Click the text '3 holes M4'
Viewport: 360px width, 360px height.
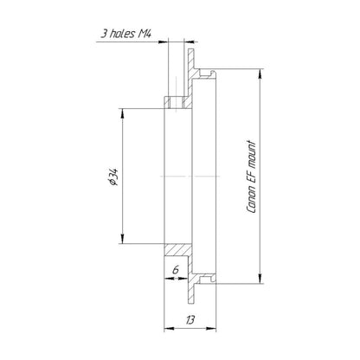click(x=125, y=34)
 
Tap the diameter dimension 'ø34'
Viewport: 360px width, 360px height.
click(x=112, y=177)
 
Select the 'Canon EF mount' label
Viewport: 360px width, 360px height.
click(x=251, y=177)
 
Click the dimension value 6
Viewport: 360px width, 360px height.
click(x=176, y=270)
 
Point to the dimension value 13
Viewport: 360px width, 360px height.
click(x=190, y=319)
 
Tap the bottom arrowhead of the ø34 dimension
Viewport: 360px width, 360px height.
click(x=123, y=239)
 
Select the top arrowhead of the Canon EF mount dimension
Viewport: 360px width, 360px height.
click(x=260, y=74)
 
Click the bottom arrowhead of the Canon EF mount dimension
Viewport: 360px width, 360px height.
click(x=260, y=279)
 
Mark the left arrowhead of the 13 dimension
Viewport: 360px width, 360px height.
click(x=169, y=328)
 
